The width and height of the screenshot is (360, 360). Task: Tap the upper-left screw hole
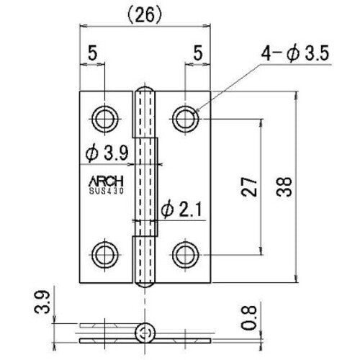pos(105,115)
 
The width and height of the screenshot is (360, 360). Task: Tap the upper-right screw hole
pos(186,115)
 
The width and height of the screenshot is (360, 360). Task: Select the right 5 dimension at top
pos(198,53)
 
